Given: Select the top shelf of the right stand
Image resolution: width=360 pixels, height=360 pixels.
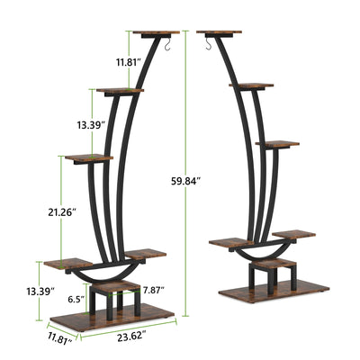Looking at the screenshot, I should pos(220,33).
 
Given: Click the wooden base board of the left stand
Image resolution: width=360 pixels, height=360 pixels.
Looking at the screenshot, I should pos(111,318).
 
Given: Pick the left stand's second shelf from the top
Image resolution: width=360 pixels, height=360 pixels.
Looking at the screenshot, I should pos(121,90).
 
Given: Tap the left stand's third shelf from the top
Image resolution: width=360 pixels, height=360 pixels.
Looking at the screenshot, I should pos(87,158).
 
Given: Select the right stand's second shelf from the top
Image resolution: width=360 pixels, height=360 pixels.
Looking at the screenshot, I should pos(251,85).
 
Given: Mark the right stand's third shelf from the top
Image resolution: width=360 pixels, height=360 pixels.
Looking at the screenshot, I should pos(276,142).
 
